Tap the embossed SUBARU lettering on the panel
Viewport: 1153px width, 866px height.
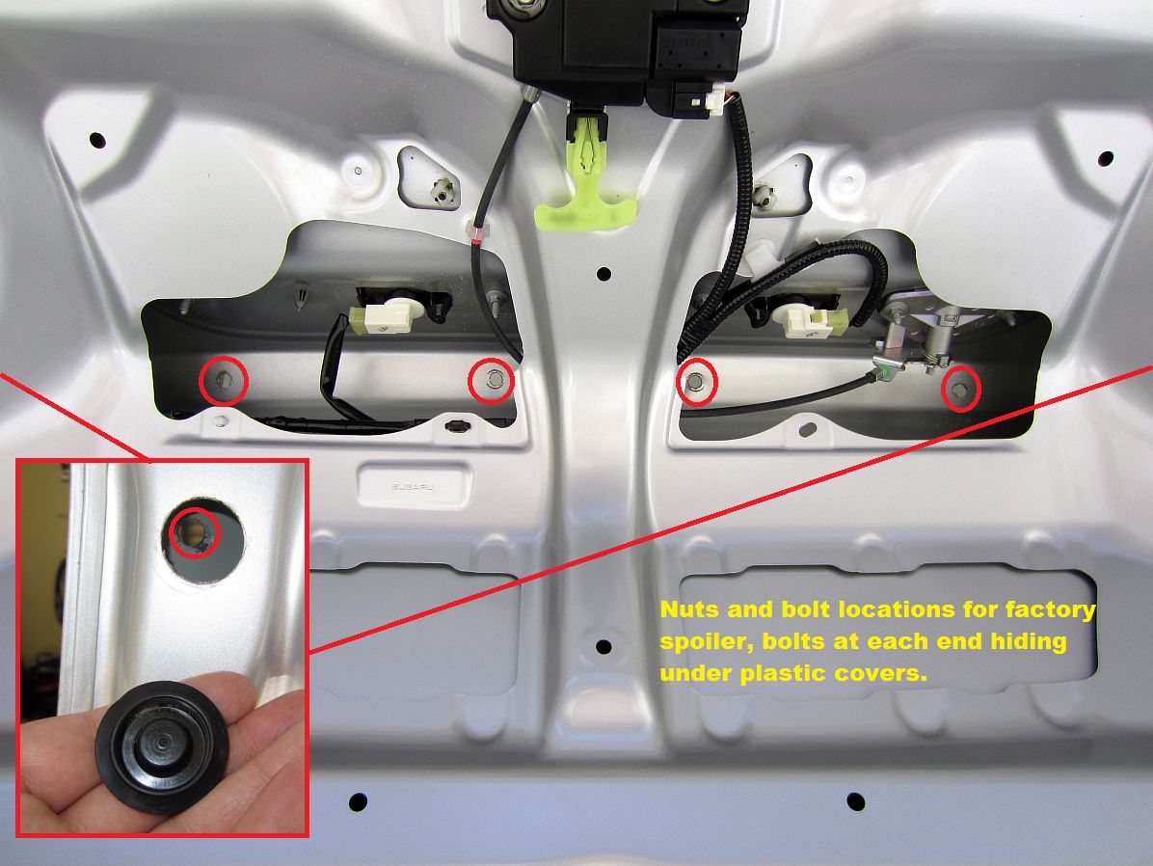coord(412,487)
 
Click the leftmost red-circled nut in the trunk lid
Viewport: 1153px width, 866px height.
coord(225,380)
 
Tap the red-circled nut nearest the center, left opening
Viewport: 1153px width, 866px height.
coord(492,380)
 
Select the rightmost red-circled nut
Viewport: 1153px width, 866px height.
coord(961,390)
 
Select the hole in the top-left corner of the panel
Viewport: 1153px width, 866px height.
coord(97,140)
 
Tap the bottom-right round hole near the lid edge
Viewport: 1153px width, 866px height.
coord(856,800)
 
